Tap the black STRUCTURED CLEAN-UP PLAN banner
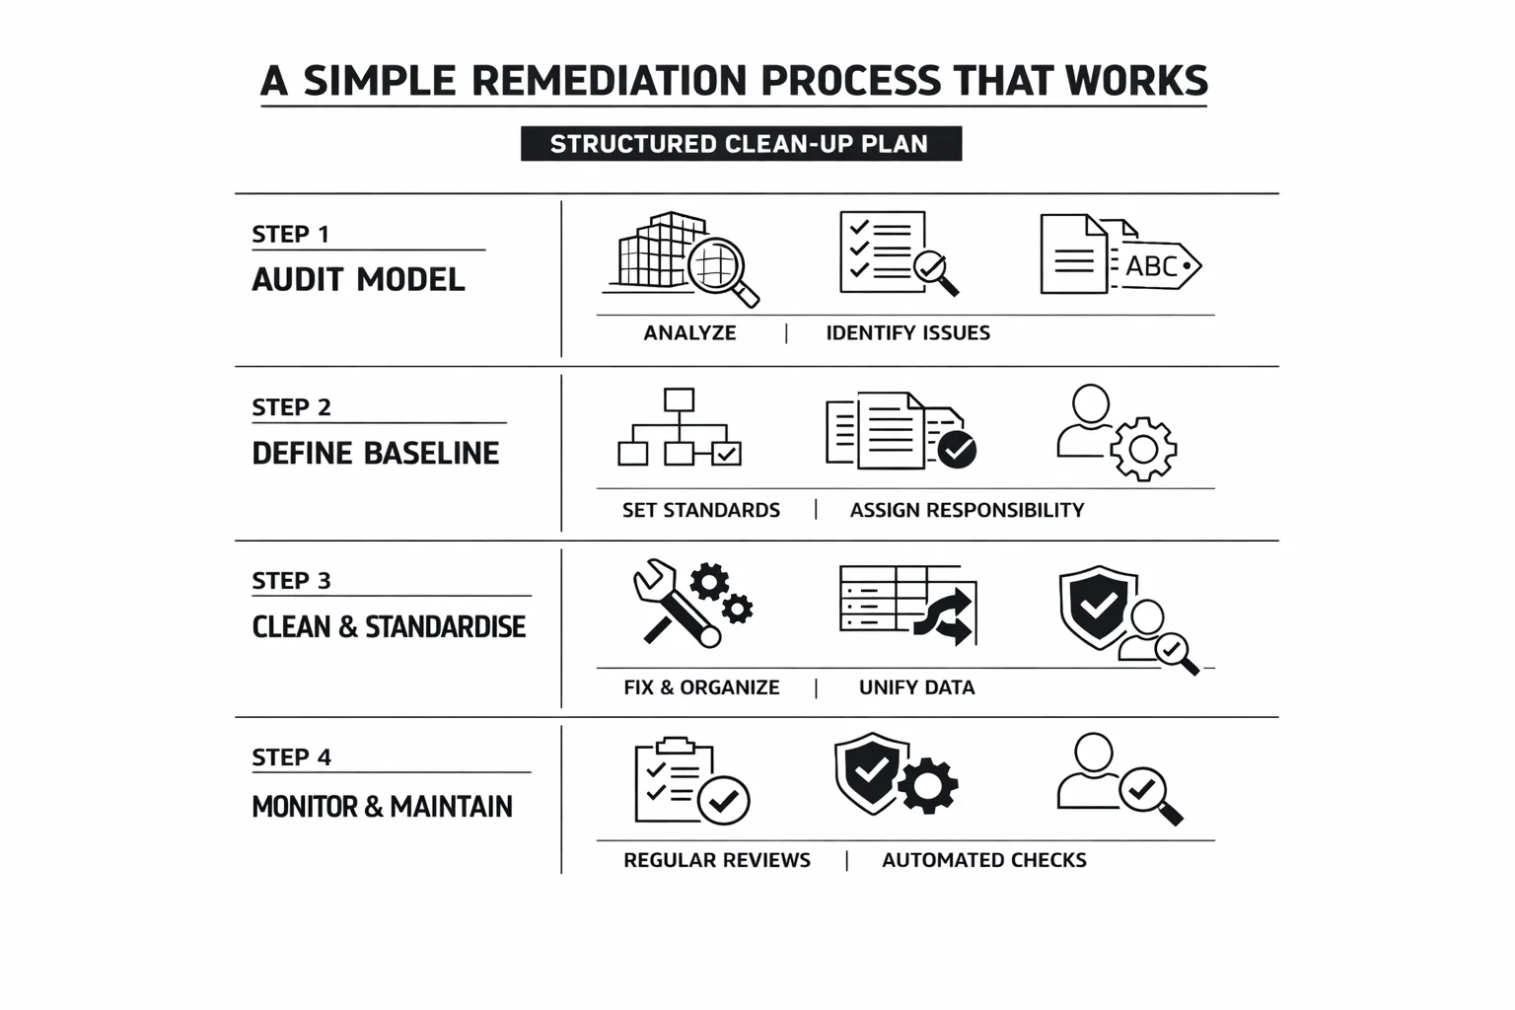point(740,144)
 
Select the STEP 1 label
point(290,235)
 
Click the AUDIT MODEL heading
point(358,280)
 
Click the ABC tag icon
point(1120,256)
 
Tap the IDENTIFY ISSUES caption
point(907,333)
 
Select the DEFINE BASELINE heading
point(376,454)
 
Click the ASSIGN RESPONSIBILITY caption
point(967,510)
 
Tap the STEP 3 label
point(291,581)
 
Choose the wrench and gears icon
point(691,603)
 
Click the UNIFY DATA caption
point(916,687)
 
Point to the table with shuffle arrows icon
point(907,604)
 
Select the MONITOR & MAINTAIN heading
point(382,807)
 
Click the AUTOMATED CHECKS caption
point(983,860)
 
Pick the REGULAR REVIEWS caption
point(717,860)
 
